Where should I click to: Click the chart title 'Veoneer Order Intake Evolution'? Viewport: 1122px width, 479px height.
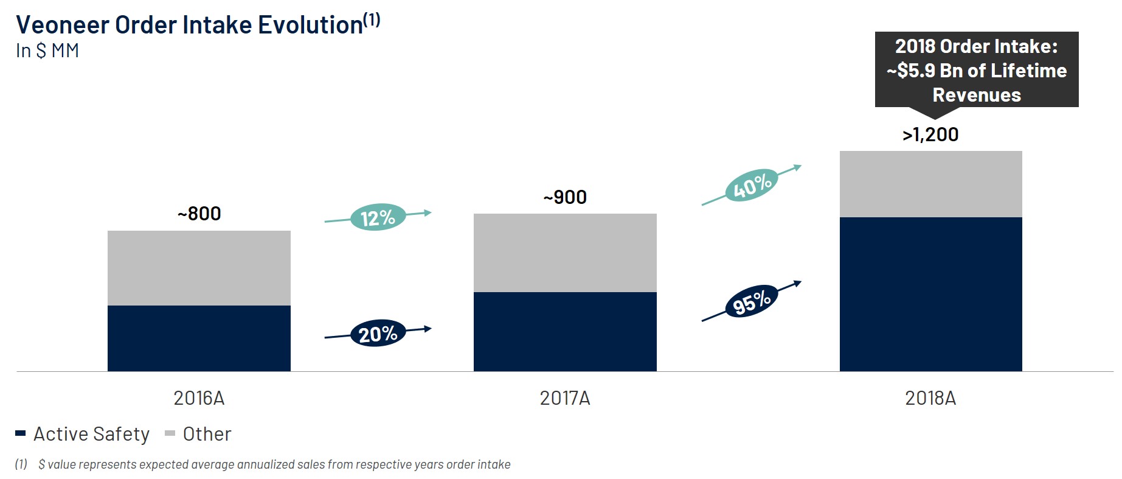[x=190, y=25]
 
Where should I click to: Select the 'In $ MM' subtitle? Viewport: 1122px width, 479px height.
[x=47, y=51]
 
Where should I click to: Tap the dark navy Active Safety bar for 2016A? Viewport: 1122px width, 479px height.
[x=199, y=338]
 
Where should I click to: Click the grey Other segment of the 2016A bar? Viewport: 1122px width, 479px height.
[x=199, y=268]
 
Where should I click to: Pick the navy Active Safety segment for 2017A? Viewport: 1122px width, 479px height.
[x=565, y=331]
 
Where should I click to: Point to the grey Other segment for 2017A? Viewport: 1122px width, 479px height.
[x=565, y=253]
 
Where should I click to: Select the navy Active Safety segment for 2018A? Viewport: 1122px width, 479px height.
[x=930, y=294]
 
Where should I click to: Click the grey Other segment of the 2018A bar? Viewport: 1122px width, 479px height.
[x=930, y=184]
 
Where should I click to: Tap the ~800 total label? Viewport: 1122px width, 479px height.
[x=199, y=214]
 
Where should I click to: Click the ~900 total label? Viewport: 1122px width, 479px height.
[x=565, y=197]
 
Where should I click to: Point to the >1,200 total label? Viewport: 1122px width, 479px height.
[x=930, y=135]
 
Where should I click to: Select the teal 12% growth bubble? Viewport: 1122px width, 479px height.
[x=378, y=217]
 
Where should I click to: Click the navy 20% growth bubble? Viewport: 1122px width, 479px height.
[x=378, y=334]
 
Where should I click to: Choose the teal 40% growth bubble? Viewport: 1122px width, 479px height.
[x=752, y=185]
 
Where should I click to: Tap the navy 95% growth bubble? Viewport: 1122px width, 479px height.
[x=752, y=301]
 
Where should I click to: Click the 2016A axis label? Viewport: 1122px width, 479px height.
[x=199, y=398]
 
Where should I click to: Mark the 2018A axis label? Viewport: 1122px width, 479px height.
[x=930, y=398]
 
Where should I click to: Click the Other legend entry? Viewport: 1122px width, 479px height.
[x=199, y=434]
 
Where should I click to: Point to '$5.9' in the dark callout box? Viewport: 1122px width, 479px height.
[x=916, y=71]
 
